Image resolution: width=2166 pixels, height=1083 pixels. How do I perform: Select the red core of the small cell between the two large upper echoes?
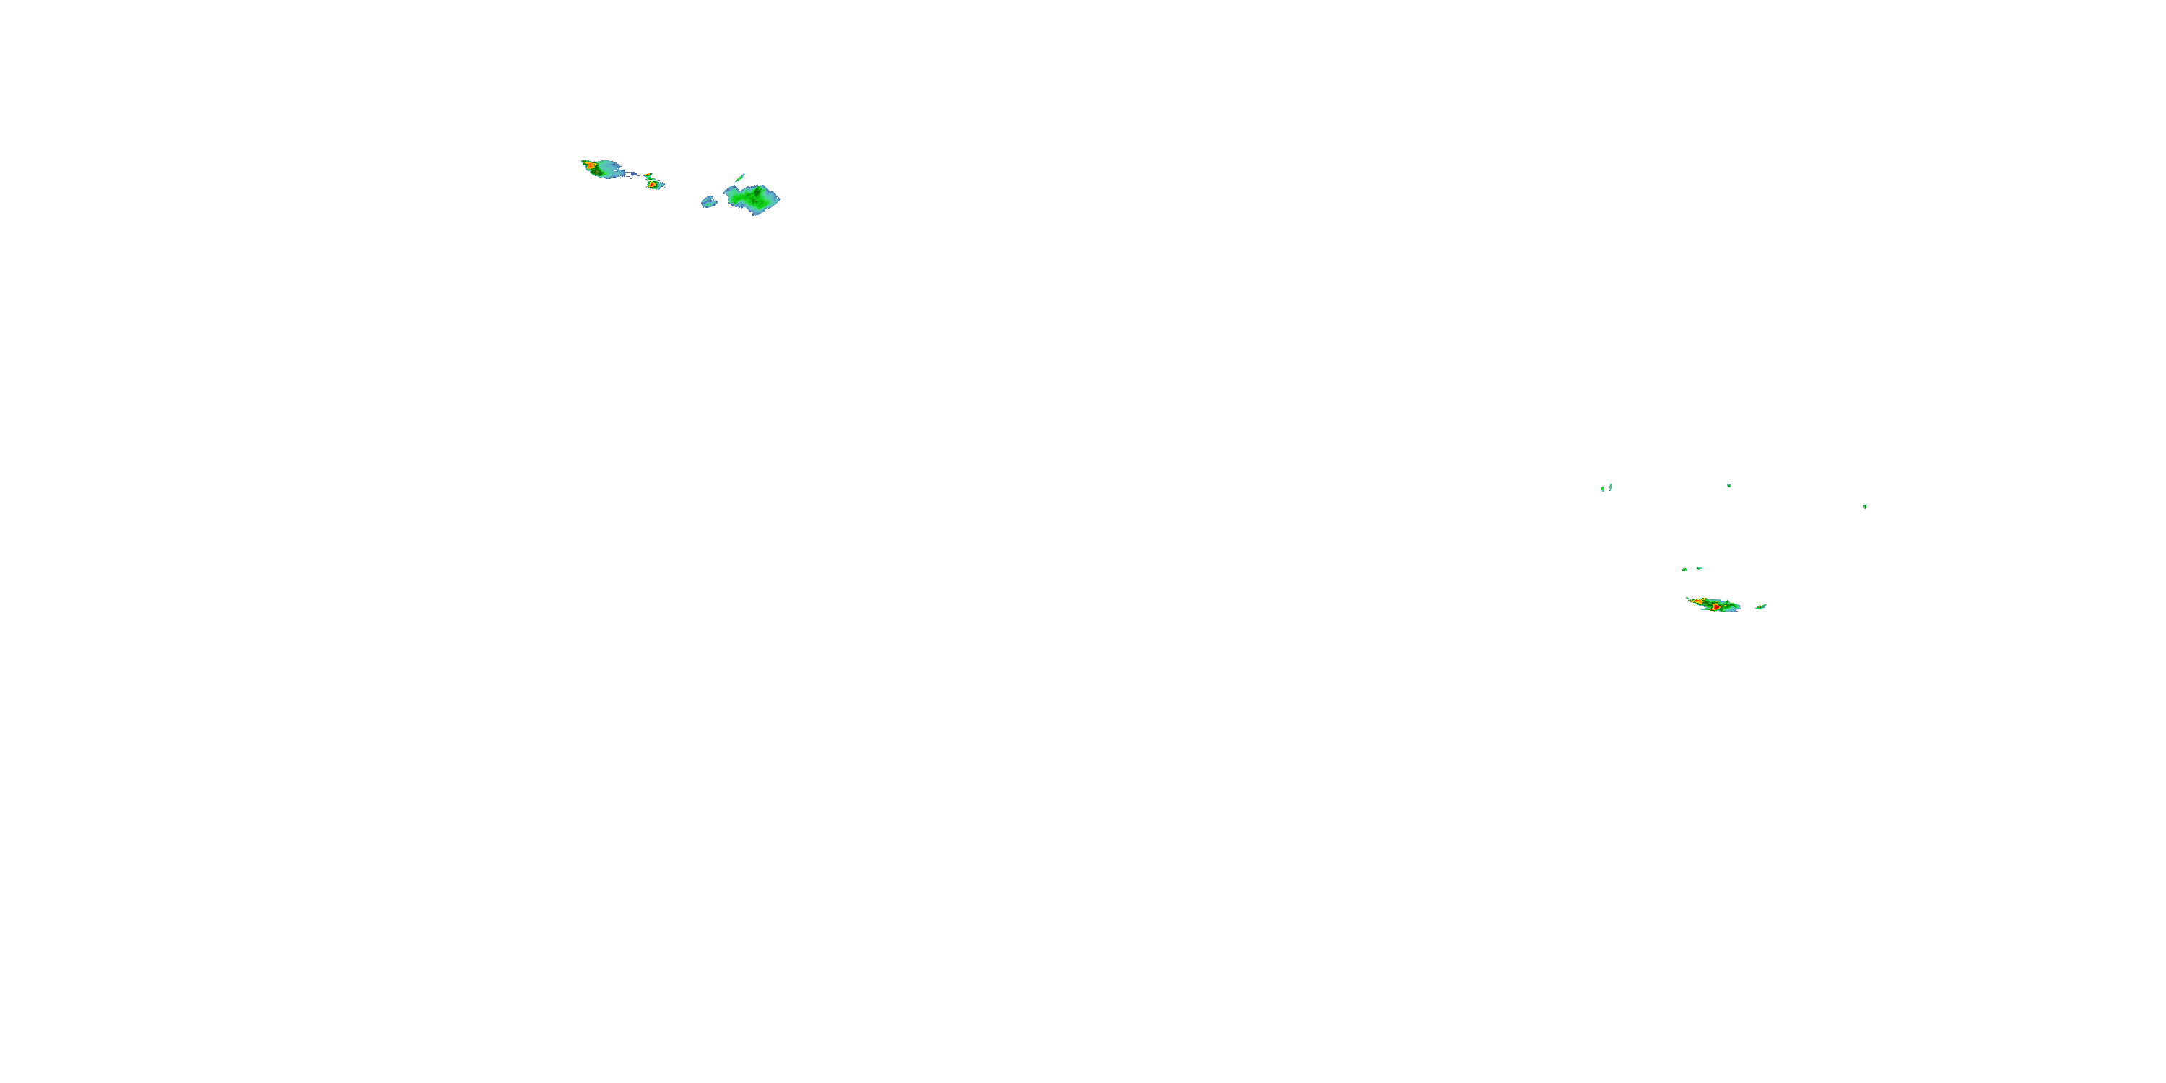(652, 184)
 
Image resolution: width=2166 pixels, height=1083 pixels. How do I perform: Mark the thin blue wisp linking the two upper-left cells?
(632, 175)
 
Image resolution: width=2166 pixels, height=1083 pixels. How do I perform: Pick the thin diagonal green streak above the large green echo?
(740, 178)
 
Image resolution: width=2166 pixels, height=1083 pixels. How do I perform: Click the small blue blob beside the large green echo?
(709, 202)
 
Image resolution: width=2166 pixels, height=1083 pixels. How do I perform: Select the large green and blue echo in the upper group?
(751, 199)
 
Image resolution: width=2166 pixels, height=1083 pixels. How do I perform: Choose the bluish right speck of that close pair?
(1610, 486)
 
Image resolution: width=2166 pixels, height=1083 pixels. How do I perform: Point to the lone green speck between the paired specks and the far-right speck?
(1728, 485)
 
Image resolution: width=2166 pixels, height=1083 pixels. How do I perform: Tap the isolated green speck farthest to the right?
(1865, 506)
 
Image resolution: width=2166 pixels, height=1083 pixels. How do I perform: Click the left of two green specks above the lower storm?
(1684, 569)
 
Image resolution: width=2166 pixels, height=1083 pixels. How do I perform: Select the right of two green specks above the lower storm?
(1700, 568)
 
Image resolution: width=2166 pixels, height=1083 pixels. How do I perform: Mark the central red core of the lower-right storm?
(1715, 606)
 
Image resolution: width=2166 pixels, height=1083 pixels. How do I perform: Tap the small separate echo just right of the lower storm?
(1761, 606)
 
